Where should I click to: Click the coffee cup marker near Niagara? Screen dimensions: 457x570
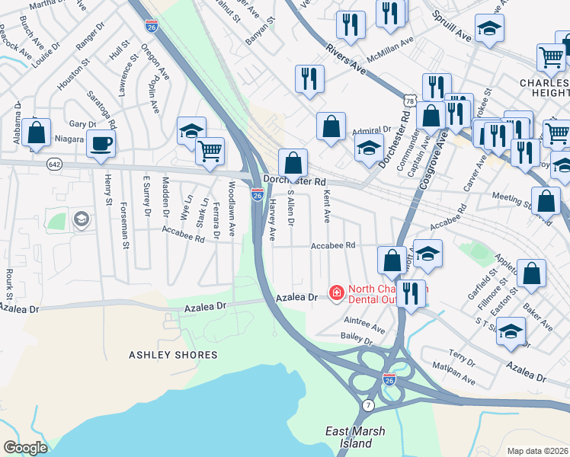101,143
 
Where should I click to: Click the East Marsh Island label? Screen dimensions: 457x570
355,436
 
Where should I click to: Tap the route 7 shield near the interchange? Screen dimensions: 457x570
368,403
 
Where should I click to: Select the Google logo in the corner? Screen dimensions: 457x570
25,448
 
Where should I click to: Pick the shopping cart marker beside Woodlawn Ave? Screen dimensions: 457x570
210,149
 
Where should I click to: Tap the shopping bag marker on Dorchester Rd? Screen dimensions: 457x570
293,162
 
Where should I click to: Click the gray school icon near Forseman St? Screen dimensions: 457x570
80,221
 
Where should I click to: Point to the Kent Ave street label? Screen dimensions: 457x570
327,207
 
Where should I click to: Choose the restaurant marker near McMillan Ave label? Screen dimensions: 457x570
391,12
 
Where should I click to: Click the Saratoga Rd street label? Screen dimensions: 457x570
101,108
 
